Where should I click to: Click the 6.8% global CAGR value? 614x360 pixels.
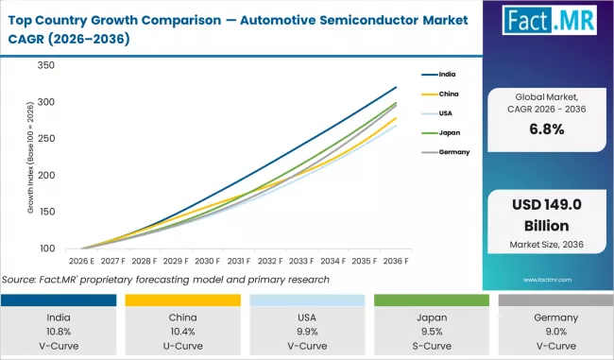[x=547, y=129]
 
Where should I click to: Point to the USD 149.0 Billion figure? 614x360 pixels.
[x=547, y=217]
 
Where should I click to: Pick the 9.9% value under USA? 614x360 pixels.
[x=306, y=332]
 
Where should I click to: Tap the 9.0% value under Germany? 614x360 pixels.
[x=552, y=332]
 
